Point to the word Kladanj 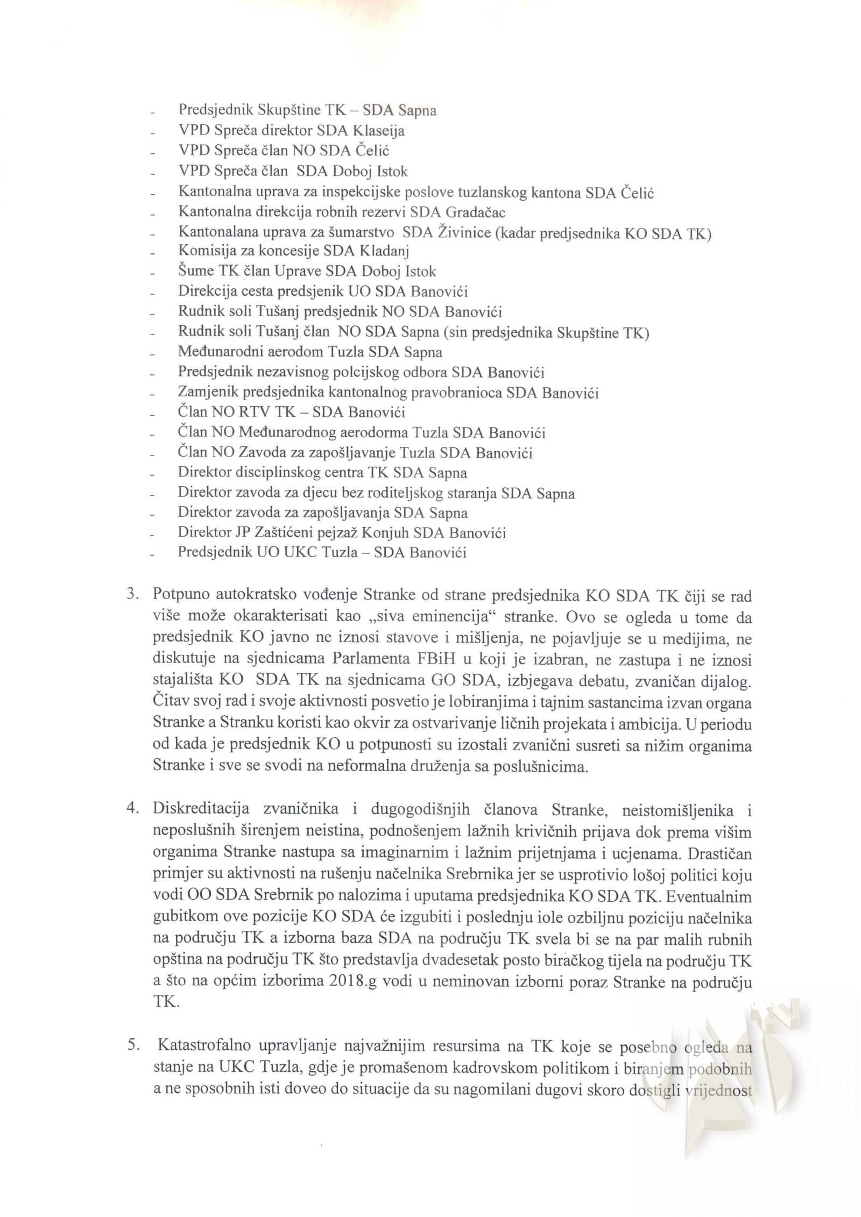pyautogui.click(x=383, y=251)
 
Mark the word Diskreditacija pyautogui.click(x=200, y=809)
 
